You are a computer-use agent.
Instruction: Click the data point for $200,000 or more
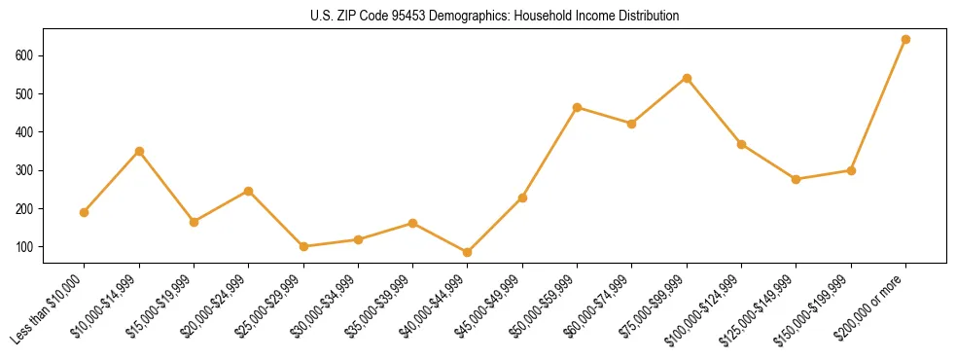point(905,40)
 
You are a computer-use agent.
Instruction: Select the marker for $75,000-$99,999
point(687,78)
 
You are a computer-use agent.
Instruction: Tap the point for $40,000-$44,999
point(468,252)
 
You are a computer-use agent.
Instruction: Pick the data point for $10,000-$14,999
point(139,151)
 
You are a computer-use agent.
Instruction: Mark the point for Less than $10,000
point(85,212)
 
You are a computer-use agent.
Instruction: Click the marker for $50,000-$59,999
point(578,107)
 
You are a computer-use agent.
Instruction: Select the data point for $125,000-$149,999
point(797,179)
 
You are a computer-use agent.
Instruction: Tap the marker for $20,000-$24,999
point(249,191)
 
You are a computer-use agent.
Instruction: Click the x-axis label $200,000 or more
point(871,301)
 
